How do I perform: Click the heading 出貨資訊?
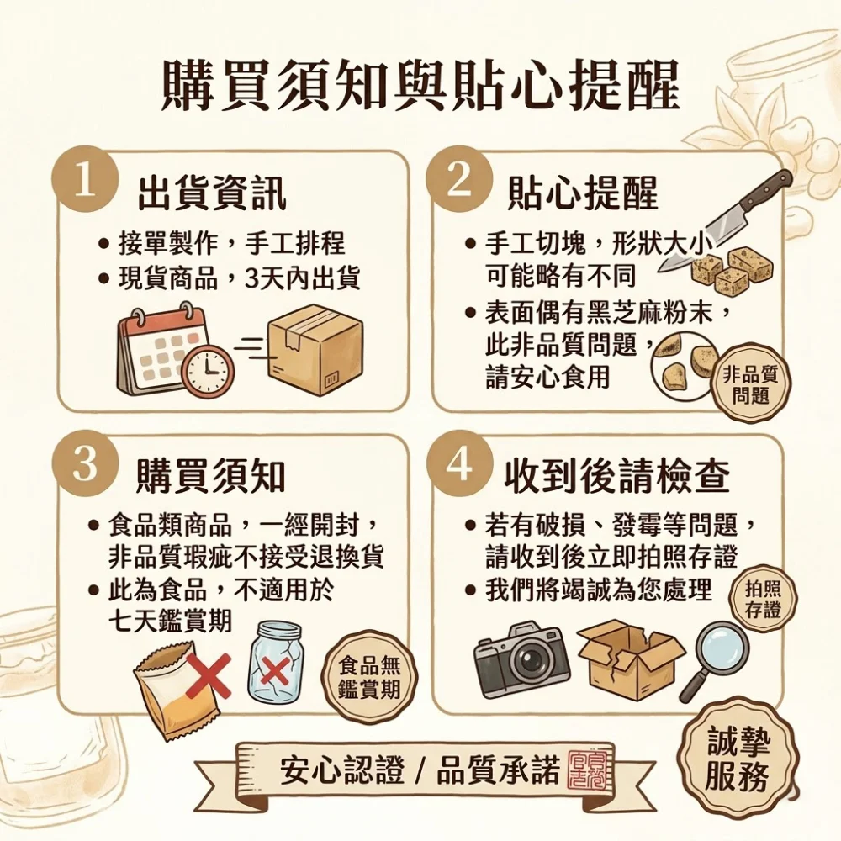point(213,193)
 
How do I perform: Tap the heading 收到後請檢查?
point(616,476)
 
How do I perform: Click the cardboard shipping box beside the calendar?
point(315,351)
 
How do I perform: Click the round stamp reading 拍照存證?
point(763,600)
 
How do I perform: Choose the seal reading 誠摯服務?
point(738,758)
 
